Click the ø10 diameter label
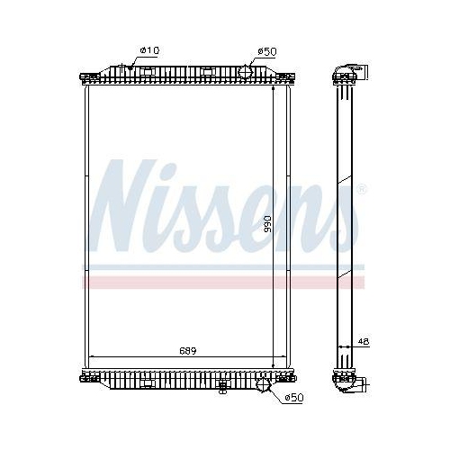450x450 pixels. pos(148,51)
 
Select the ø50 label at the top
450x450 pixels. pos(265,51)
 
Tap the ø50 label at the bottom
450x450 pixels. pos(292,397)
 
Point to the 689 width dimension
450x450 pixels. pos(185,349)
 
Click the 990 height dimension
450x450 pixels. pos(267,223)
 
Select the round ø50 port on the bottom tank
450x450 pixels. pos(263,384)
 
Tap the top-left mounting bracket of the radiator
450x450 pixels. pos(88,76)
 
